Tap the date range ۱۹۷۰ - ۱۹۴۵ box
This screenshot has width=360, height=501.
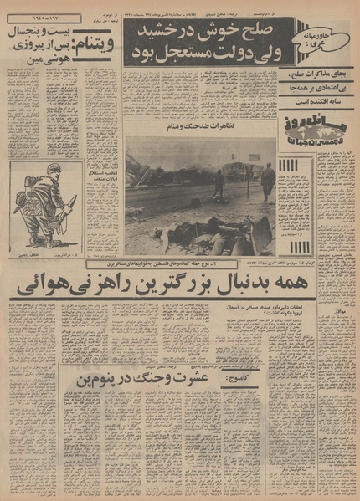pos(44,18)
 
